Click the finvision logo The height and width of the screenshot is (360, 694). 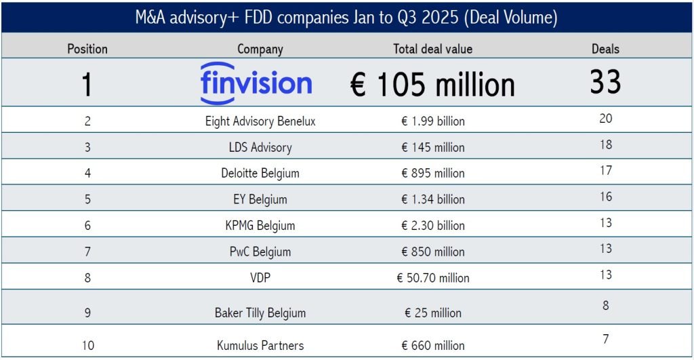pyautogui.click(x=256, y=83)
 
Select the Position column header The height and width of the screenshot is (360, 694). pyautogui.click(x=87, y=49)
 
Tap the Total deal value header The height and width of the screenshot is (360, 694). pyautogui.click(x=433, y=49)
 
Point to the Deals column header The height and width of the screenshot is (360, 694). pyautogui.click(x=605, y=49)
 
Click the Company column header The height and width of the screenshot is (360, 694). pyautogui.click(x=260, y=49)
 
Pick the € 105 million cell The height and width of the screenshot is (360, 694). pyautogui.click(x=433, y=85)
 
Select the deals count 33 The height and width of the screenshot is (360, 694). pyautogui.click(x=605, y=82)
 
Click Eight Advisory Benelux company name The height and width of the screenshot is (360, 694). pyautogui.click(x=260, y=121)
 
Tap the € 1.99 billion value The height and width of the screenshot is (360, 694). pyautogui.click(x=433, y=121)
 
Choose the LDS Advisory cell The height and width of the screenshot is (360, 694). pyautogui.click(x=260, y=147)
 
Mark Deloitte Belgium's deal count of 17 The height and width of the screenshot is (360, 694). pyautogui.click(x=605, y=170)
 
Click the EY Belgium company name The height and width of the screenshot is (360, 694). pyautogui.click(x=260, y=200)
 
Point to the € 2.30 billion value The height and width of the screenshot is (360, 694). pyautogui.click(x=433, y=225)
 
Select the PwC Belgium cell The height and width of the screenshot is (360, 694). pyautogui.click(x=260, y=252)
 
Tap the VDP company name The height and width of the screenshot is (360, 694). pyautogui.click(x=260, y=278)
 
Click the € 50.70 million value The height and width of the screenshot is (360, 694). pyautogui.click(x=433, y=278)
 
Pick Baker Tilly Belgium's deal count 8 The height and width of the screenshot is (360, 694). pyautogui.click(x=605, y=306)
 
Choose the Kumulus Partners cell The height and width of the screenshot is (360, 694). pyautogui.click(x=260, y=345)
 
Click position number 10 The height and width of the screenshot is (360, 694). pyautogui.click(x=88, y=345)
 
